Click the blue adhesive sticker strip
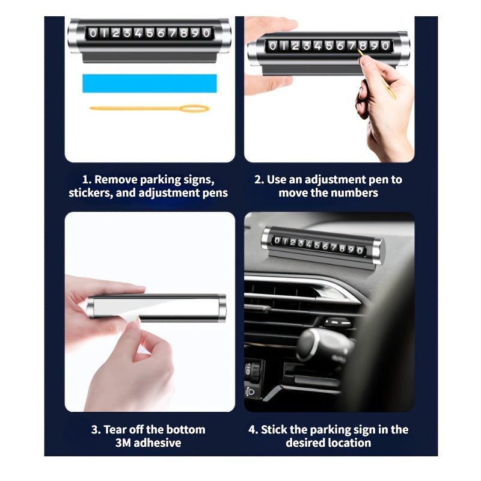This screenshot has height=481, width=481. tap(150, 83)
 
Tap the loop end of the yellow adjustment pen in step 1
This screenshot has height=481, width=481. tap(194, 109)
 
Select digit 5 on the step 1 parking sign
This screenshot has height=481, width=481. tap(150, 33)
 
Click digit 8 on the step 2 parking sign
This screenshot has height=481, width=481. tap(363, 46)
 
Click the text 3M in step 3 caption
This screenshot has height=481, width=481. tap(123, 443)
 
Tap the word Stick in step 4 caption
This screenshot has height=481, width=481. tap(274, 430)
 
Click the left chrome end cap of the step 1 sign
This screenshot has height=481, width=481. tap(74, 35)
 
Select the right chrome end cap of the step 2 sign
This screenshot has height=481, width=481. tap(403, 48)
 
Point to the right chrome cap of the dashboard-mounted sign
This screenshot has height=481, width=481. tap(378, 251)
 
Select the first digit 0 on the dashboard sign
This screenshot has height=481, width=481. tap(277, 240)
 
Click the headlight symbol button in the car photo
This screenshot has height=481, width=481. tap(250, 392)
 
